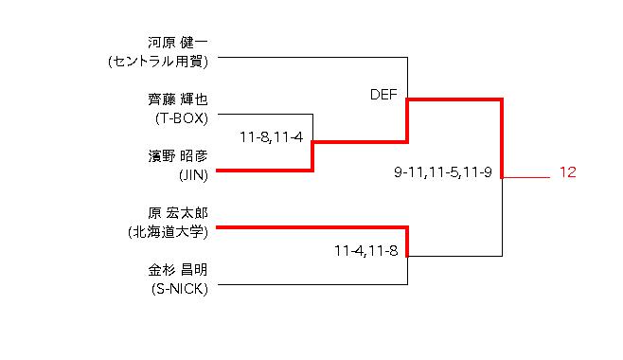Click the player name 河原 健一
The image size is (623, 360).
[178, 43]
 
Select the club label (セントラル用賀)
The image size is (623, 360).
[158, 62]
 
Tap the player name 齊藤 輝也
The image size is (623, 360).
[178, 99]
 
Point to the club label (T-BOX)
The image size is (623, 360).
[182, 118]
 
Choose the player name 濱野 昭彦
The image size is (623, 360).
[178, 156]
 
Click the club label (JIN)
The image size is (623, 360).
[193, 175]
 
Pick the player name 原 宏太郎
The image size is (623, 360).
[178, 213]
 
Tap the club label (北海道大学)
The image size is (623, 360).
[169, 232]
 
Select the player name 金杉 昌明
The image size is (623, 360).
[178, 270]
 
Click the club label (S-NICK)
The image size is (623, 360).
[180, 289]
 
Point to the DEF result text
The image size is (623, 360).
[383, 95]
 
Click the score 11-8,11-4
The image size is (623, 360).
[272, 137]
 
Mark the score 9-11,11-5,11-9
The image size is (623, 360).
[443, 172]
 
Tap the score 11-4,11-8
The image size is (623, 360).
[365, 251]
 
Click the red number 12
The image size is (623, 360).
[568, 172]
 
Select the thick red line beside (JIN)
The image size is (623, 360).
[264, 171]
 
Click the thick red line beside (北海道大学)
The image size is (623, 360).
[311, 227]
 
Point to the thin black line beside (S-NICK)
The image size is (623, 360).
[312, 284]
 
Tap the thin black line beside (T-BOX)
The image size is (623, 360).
[265, 114]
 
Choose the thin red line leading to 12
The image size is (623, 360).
[526, 177]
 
